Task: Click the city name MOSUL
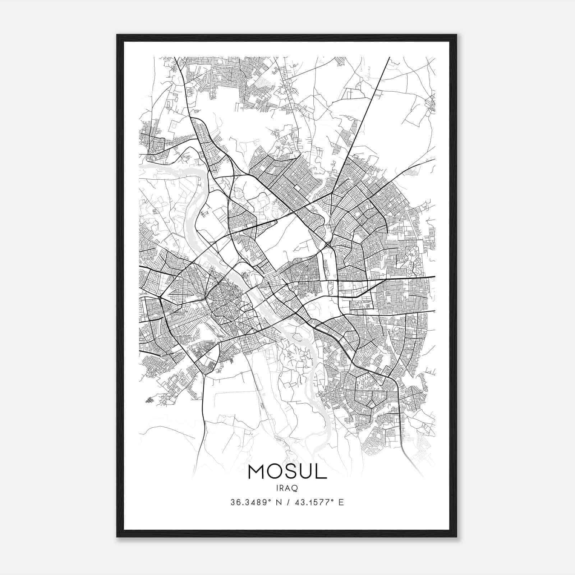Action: (287, 472)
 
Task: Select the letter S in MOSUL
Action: (290, 472)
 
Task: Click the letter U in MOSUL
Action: (305, 472)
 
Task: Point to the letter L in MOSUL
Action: (321, 472)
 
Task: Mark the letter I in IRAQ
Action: (277, 488)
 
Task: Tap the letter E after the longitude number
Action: (341, 502)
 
